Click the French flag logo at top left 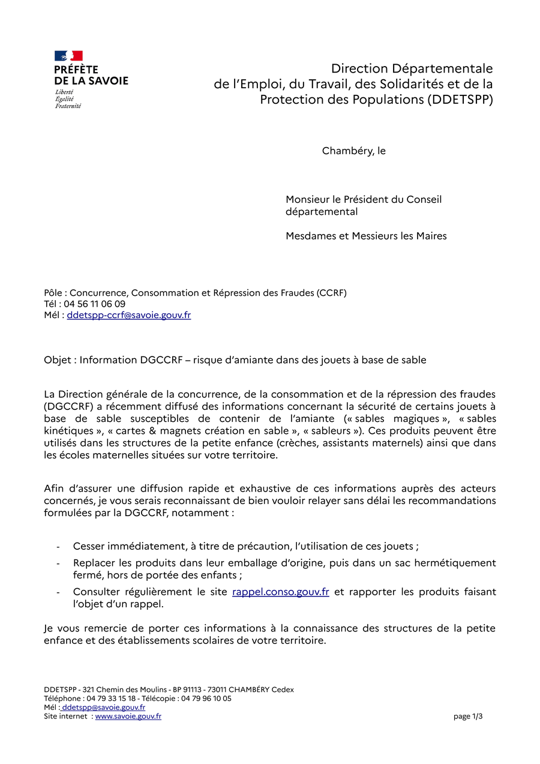click(68, 56)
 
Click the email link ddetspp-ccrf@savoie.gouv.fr click(128, 315)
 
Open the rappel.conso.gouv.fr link click(280, 592)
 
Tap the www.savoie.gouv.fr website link click(128, 716)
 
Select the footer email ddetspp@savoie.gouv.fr click(103, 707)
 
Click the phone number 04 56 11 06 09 click(94, 304)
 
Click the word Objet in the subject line click(56, 360)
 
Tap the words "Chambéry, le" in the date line click(353, 151)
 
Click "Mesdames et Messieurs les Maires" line click(366, 236)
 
